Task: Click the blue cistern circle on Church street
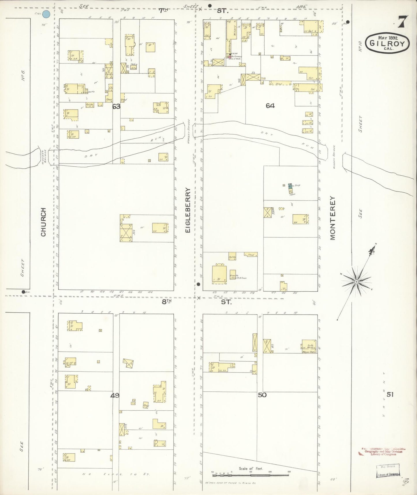(x=46, y=14)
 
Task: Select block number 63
(x=116, y=107)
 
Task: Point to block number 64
(x=270, y=106)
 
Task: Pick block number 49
(x=115, y=395)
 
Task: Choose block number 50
(x=262, y=395)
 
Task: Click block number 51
(x=390, y=394)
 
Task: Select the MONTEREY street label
(x=332, y=218)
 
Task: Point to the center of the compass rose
(x=356, y=282)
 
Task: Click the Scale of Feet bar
(x=250, y=475)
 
